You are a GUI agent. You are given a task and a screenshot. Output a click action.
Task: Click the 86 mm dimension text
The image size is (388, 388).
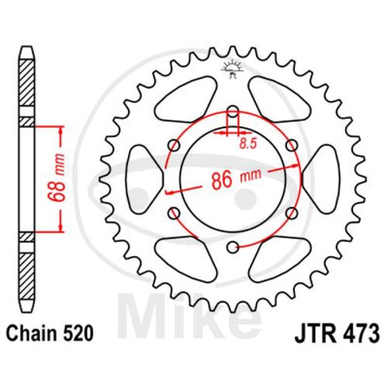tap(236, 178)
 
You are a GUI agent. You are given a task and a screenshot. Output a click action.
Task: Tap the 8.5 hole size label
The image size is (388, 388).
tap(248, 144)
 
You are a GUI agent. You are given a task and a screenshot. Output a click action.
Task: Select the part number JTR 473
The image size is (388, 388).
tap(337, 333)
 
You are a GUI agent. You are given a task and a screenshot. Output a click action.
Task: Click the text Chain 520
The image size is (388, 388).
tap(50, 333)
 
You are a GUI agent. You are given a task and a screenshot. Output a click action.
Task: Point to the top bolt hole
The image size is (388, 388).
tap(233, 112)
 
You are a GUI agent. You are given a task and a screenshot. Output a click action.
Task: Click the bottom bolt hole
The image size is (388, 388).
tap(233, 247)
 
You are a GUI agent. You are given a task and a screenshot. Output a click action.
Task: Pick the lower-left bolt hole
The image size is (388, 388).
tap(174, 213)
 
